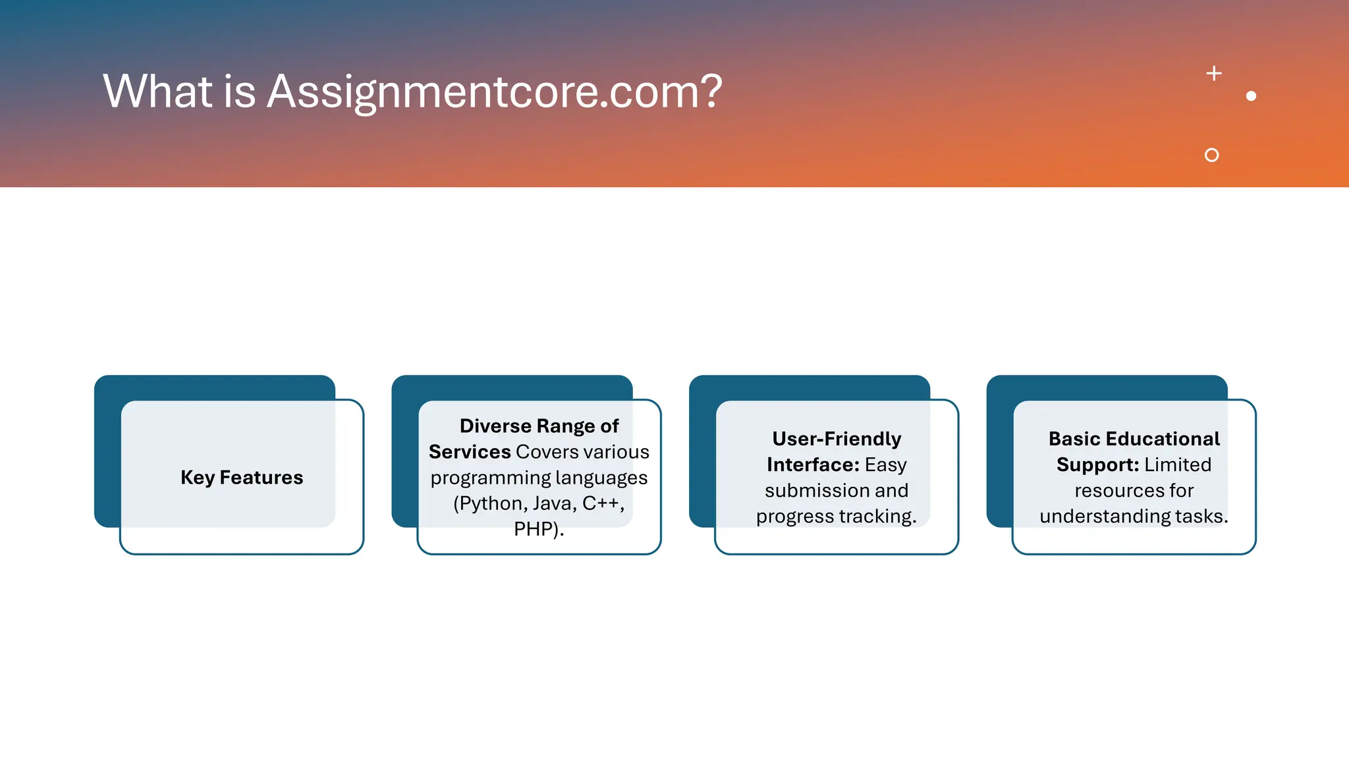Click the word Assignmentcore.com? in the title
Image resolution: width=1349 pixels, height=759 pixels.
pos(494,92)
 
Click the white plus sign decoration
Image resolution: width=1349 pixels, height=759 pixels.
pos(1214,73)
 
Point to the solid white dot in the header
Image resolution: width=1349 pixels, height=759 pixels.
pos(1251,96)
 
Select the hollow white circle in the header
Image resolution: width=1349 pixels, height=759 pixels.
pos(1211,155)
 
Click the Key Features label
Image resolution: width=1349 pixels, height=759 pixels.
pos(242,478)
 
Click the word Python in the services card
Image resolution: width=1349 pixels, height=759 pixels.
pos(491,504)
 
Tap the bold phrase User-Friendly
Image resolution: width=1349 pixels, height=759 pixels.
pos(837,439)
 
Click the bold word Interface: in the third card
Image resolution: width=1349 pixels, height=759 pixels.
pos(813,465)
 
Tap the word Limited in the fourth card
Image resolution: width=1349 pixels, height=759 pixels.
pos(1178,465)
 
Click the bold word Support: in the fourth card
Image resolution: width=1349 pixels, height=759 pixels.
pos(1097,465)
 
